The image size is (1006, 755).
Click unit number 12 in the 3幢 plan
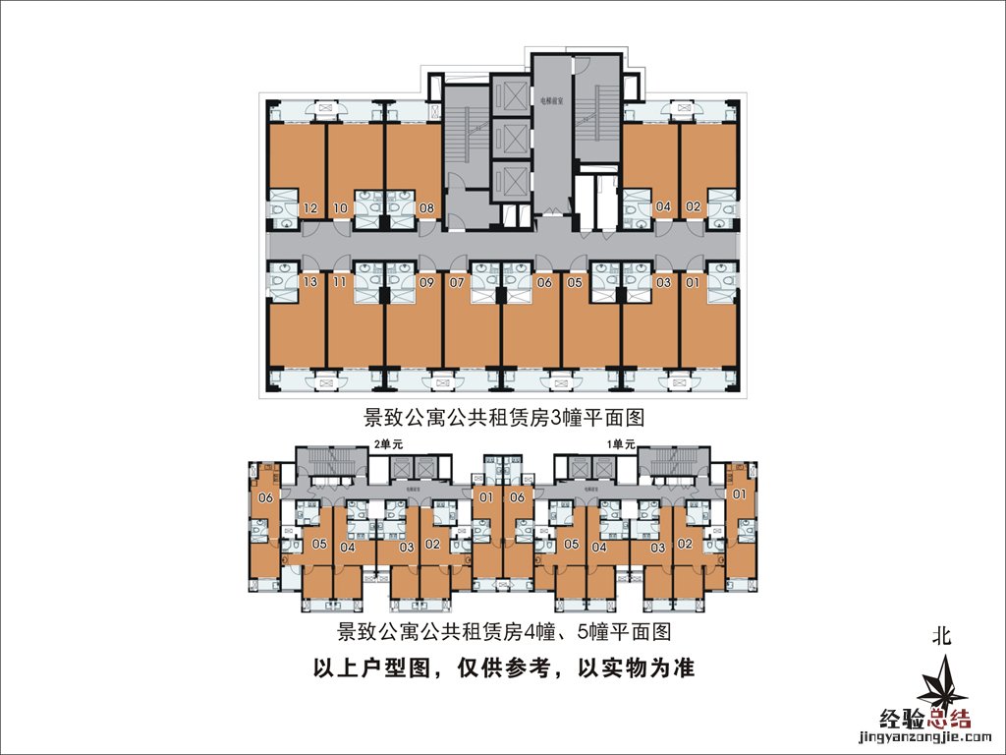[x=310, y=208]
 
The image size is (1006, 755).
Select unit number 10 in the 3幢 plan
[x=340, y=208]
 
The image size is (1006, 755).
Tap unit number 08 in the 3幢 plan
[x=426, y=208]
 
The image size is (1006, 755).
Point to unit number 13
[x=310, y=283]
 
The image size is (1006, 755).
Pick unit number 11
[x=340, y=283]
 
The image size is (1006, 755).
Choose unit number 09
[x=426, y=283]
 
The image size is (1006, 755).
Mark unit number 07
[x=456, y=283]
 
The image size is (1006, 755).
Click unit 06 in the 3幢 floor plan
[x=545, y=283]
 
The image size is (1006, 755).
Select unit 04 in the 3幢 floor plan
[x=663, y=207]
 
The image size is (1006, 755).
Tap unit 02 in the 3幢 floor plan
[x=693, y=207]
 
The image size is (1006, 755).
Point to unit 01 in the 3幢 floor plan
[x=693, y=283]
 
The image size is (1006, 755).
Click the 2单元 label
[x=389, y=444]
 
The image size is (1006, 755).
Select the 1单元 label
[x=622, y=444]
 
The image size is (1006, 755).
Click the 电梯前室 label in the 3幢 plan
[x=551, y=100]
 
